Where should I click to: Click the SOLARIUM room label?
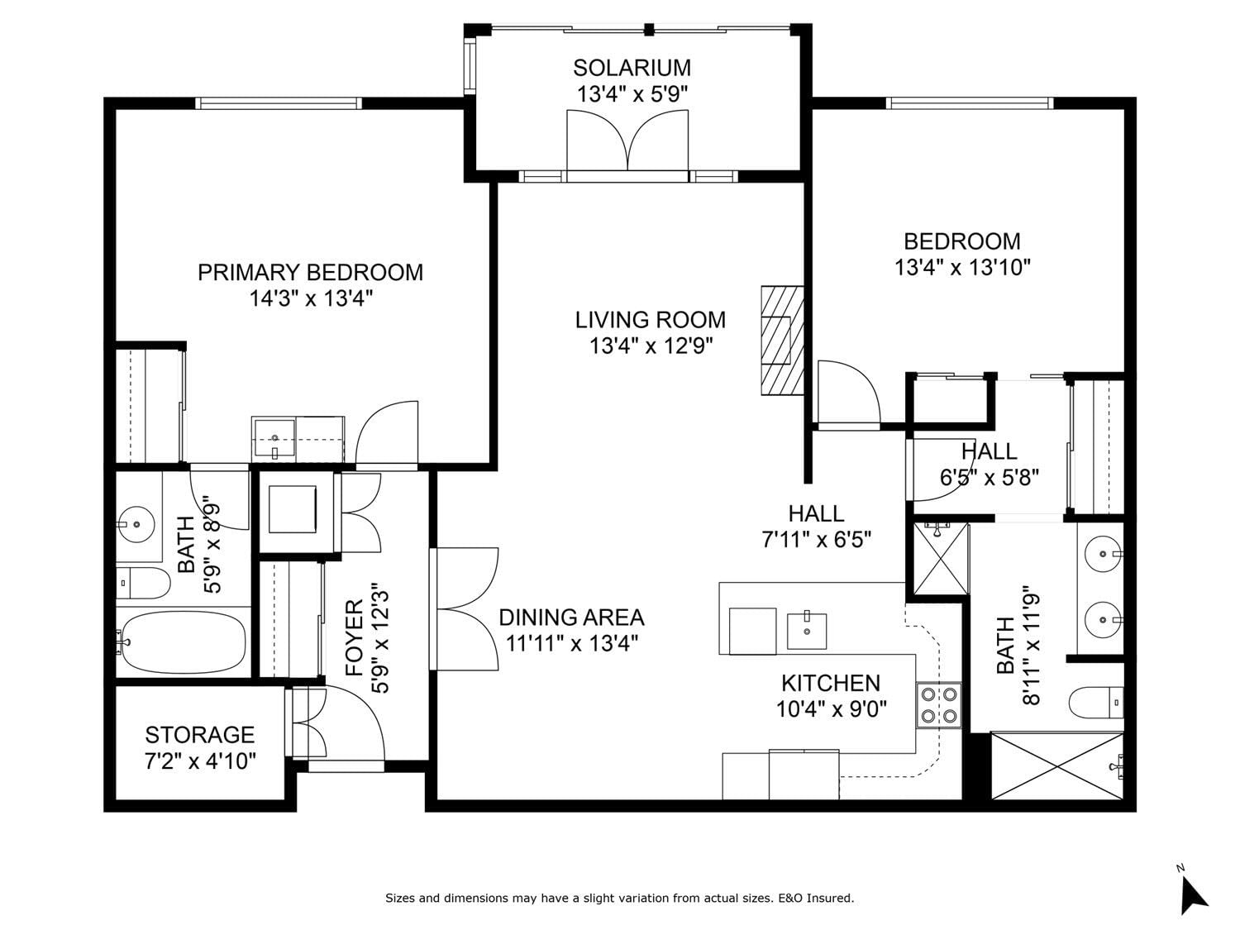point(632,68)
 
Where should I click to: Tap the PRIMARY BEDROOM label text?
point(310,272)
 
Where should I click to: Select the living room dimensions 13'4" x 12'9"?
point(651,346)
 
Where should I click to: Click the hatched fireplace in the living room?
point(782,341)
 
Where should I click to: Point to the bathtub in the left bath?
point(184,642)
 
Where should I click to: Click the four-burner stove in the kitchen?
point(938,705)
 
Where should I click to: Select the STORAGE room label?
point(200,735)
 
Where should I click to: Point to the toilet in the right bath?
point(1096,703)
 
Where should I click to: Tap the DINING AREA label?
point(572,618)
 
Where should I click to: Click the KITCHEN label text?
point(831,684)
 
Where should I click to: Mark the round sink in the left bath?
point(136,525)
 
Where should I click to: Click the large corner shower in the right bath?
point(1057,765)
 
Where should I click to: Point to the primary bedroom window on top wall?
point(279,103)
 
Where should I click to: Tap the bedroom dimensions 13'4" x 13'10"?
point(962,267)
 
